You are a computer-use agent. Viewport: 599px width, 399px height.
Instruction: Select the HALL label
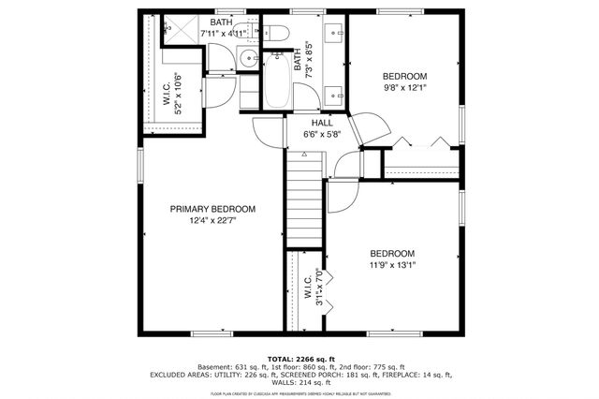coord(322,122)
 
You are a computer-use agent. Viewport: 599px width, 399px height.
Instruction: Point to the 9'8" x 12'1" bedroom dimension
coord(404,89)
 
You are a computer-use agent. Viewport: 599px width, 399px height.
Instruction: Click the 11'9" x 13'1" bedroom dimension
coord(392,265)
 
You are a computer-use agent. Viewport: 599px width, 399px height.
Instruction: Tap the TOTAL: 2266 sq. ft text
coord(299,358)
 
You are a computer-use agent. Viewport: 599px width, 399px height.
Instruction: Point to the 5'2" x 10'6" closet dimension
coord(175,94)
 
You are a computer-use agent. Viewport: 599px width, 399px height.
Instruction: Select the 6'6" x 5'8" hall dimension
coord(322,134)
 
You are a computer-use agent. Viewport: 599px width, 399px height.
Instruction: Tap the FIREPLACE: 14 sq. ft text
coord(412,375)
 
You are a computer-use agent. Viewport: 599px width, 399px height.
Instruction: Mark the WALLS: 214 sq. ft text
coord(299,382)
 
